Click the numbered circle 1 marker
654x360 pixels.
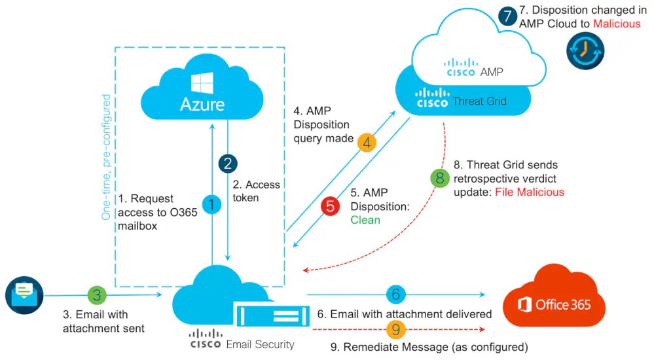click(x=211, y=204)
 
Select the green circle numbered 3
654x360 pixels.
click(x=97, y=295)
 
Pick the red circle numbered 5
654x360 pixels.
click(x=331, y=206)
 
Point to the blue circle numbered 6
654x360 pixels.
click(x=395, y=295)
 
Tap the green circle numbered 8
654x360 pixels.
click(x=439, y=177)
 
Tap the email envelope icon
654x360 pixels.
click(x=24, y=293)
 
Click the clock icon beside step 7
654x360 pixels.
click(x=585, y=50)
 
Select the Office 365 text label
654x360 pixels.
click(x=562, y=305)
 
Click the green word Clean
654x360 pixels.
click(x=365, y=220)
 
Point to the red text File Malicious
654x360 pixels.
click(x=529, y=192)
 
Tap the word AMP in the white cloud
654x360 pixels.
click(x=491, y=71)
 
